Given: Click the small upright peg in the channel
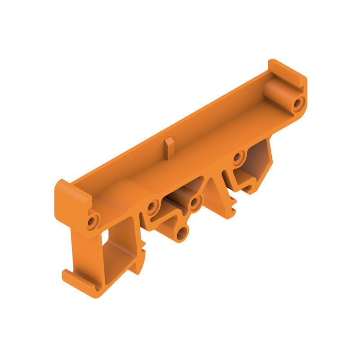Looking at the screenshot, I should [x=169, y=148].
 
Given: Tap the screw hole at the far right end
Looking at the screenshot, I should [x=298, y=104].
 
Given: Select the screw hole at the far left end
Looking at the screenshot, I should [x=93, y=221].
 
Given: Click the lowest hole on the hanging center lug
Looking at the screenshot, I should [x=181, y=233].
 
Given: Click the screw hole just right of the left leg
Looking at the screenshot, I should [x=153, y=207].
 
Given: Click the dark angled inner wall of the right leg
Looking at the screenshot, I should [x=259, y=160].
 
